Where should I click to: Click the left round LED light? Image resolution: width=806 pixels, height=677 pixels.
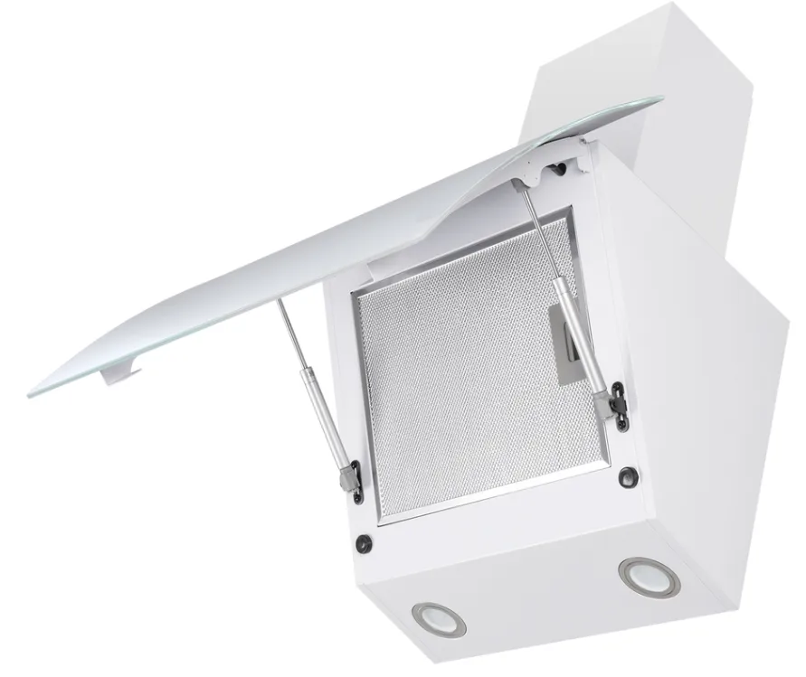pyautogui.click(x=439, y=619)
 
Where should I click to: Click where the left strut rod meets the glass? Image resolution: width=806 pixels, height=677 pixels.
pyautogui.click(x=280, y=303)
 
